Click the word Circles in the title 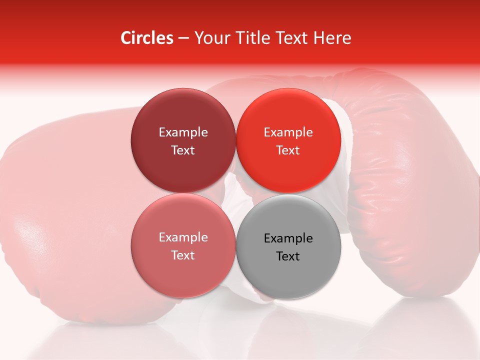146,38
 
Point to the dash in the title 183,38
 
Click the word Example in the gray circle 288,238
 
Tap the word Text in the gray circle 288,256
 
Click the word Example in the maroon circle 183,132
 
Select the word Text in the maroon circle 183,150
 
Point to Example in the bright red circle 288,132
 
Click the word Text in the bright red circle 288,150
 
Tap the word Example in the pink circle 183,237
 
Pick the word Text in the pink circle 183,255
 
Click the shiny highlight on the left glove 30,230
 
